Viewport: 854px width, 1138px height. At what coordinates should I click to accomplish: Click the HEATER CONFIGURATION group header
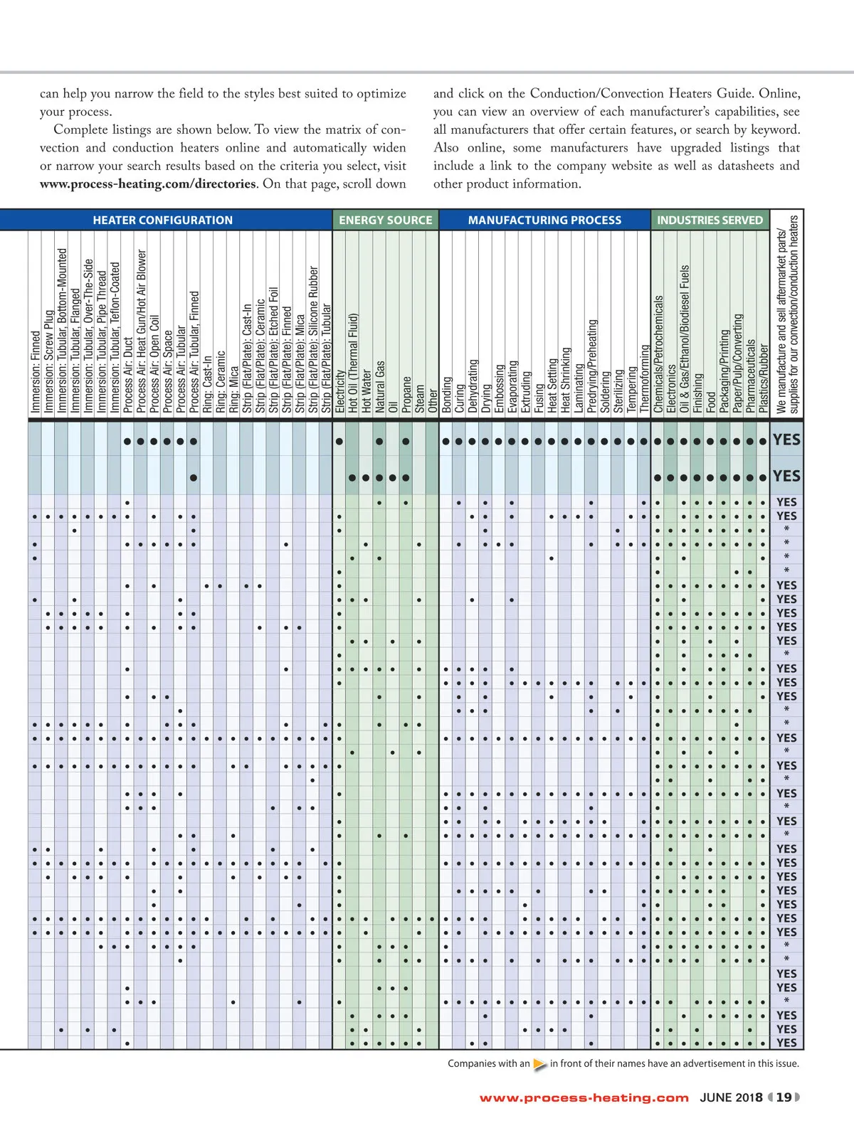coord(162,220)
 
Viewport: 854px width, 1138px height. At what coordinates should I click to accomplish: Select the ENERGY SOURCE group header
coord(385,220)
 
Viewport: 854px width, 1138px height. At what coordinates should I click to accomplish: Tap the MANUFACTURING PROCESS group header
coord(544,220)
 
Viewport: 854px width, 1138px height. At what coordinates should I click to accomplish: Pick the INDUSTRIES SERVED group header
coord(710,220)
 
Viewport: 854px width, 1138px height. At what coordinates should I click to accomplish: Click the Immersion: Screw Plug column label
coord(48,361)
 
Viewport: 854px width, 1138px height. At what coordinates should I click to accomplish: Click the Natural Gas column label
coord(380,386)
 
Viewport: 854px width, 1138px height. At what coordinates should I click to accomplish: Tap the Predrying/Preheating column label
coord(592,366)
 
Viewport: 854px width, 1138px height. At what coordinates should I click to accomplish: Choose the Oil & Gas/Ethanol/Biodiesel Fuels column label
coord(685,339)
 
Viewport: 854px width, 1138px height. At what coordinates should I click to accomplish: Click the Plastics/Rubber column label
coord(764,378)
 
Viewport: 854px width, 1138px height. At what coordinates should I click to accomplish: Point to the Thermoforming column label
coord(645,378)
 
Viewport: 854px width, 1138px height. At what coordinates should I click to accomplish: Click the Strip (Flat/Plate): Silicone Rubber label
coord(314,339)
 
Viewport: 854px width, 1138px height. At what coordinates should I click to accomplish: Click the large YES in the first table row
coord(786,440)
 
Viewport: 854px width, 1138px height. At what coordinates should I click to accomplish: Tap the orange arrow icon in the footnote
coord(540,1065)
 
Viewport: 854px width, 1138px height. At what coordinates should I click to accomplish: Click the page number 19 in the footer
coord(784,1097)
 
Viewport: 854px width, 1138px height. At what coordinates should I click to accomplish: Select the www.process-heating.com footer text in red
coord(584,1098)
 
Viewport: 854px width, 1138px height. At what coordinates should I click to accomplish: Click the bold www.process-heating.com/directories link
coord(147,184)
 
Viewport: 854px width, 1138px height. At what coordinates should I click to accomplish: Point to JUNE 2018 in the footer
coord(731,1097)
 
